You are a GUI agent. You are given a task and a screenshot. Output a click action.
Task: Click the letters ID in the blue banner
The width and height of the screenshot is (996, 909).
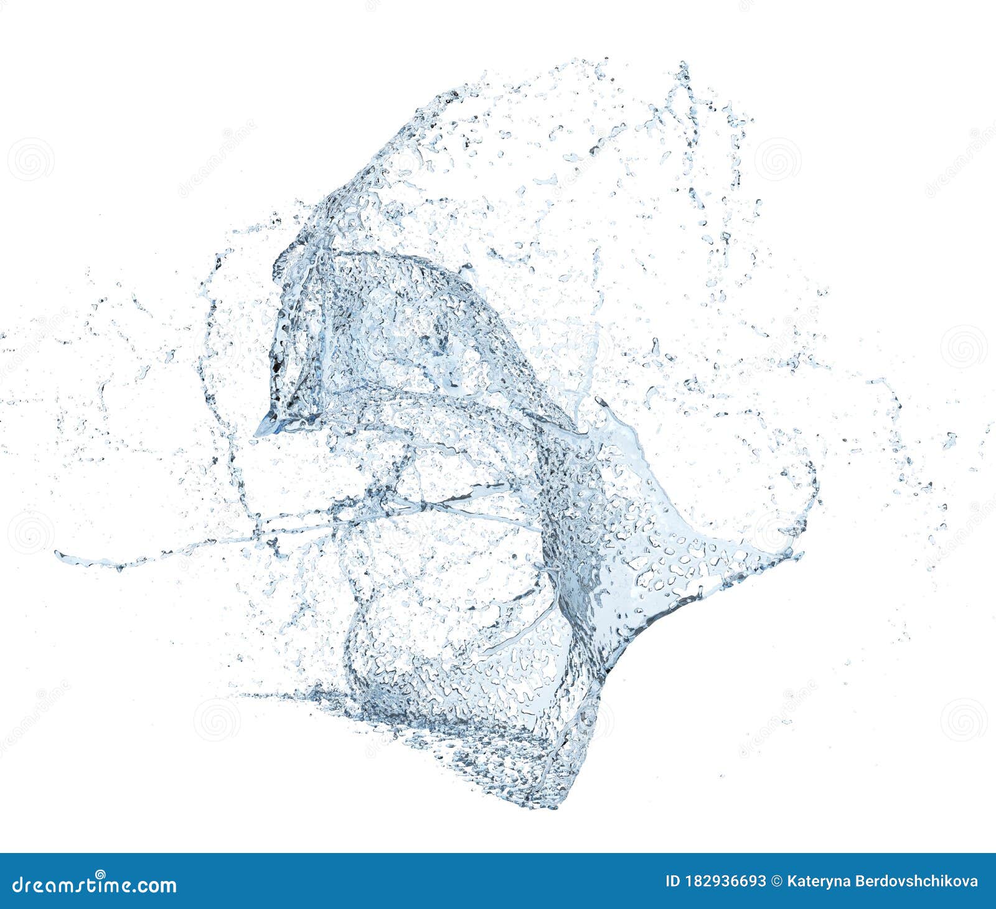[x=672, y=882]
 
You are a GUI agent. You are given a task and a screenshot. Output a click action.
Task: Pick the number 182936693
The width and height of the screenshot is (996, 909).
[x=725, y=882]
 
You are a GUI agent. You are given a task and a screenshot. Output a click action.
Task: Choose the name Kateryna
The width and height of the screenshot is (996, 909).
[x=817, y=882]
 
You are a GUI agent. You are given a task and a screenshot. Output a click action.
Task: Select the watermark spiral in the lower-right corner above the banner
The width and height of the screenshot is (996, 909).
[x=963, y=720]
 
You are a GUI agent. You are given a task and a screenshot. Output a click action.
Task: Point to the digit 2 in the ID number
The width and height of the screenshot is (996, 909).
[x=708, y=882]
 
